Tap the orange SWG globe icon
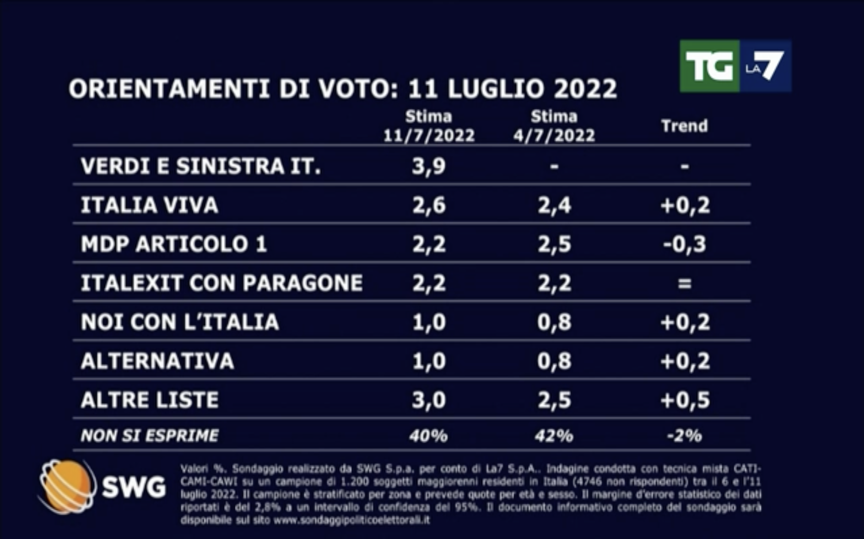click(x=67, y=486)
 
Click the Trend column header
click(x=684, y=126)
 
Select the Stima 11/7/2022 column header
click(x=429, y=127)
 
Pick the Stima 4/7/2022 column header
click(x=554, y=127)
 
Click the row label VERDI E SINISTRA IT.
click(x=200, y=166)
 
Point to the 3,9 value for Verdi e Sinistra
click(x=429, y=166)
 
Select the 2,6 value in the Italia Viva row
click(x=429, y=205)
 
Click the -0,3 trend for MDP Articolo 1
click(x=684, y=245)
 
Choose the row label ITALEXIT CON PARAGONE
click(x=221, y=283)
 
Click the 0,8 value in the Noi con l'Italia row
click(x=554, y=322)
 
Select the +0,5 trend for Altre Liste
click(x=685, y=400)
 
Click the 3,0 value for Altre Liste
click(x=429, y=400)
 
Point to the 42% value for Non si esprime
click(x=554, y=436)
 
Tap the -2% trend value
click(x=684, y=436)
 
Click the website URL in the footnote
click(x=351, y=520)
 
